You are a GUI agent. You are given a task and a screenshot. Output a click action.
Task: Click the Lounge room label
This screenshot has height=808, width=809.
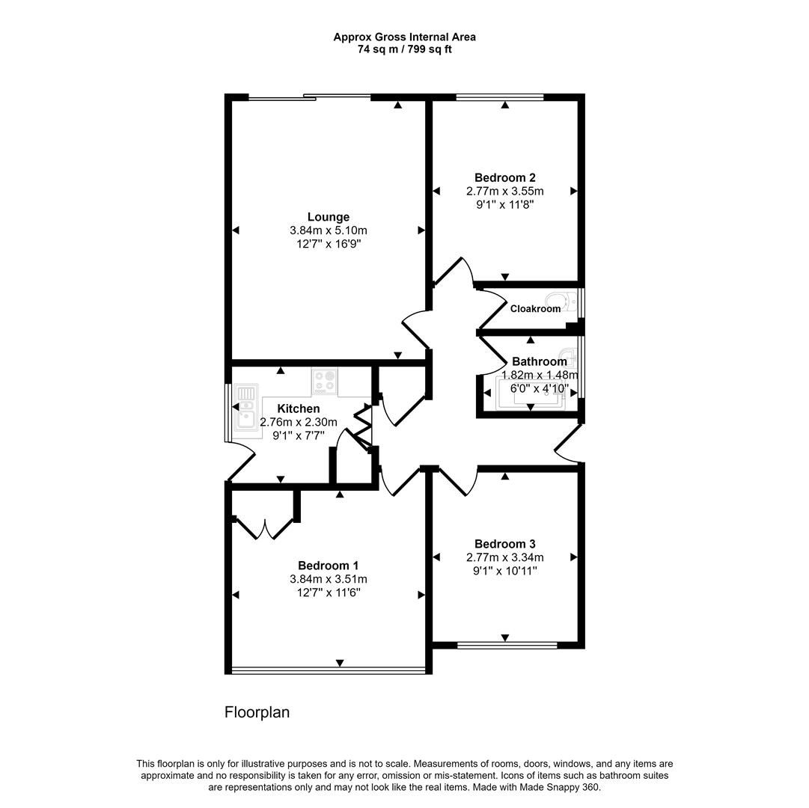[x=329, y=217]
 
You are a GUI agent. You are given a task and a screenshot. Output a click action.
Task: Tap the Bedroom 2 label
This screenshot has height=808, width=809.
[x=504, y=177]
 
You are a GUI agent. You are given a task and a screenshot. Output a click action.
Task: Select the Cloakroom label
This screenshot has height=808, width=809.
[x=535, y=308]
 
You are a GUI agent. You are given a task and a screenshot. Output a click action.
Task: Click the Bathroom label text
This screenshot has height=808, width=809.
[x=539, y=361]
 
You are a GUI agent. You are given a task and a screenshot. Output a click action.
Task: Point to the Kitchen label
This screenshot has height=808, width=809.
[x=299, y=408]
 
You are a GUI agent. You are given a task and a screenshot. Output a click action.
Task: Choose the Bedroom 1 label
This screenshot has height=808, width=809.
[x=329, y=566]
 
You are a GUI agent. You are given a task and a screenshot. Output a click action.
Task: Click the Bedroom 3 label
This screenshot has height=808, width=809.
[x=504, y=544]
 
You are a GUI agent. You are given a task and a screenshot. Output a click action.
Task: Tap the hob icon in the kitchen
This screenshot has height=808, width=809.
[x=325, y=381]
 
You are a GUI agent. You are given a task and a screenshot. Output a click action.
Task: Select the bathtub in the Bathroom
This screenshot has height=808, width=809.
[x=530, y=396]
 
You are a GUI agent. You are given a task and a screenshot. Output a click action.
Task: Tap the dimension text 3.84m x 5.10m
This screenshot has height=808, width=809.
[x=329, y=230]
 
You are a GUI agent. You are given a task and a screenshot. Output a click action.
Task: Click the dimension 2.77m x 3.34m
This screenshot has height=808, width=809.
[x=504, y=557]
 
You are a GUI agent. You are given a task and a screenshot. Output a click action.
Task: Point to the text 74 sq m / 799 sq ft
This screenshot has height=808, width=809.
[x=404, y=49]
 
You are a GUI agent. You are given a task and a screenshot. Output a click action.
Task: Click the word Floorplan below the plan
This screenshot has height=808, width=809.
[x=257, y=712]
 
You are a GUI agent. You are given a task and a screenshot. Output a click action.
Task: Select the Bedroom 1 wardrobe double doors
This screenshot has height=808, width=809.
[x=263, y=527]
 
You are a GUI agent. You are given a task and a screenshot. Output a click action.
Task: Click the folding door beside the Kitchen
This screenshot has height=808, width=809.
[x=362, y=427]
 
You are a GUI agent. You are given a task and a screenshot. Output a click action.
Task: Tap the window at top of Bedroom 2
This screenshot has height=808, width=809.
[x=500, y=97]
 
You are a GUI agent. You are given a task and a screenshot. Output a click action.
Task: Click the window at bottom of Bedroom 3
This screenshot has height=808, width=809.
[x=507, y=644]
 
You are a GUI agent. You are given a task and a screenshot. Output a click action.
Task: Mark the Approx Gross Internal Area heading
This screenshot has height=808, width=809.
[x=404, y=37]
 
